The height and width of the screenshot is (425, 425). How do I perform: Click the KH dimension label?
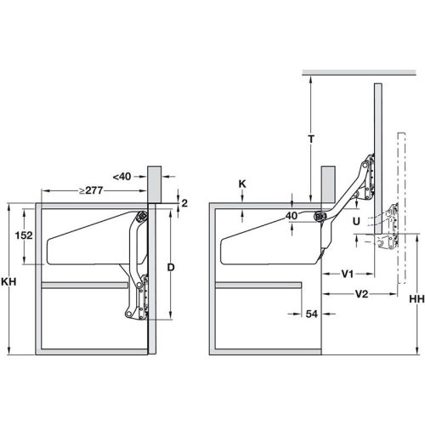(x=8, y=281)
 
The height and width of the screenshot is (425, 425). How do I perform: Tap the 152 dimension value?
(x=24, y=235)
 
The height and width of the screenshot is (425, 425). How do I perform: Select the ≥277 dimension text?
(x=91, y=190)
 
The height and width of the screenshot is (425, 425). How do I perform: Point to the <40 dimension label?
(x=122, y=177)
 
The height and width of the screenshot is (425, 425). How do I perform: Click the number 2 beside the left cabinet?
(x=184, y=203)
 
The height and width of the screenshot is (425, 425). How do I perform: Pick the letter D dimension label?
(x=171, y=267)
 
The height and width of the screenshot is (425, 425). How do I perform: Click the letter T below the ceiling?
(x=311, y=139)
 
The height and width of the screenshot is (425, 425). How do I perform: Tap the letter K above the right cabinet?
(x=242, y=184)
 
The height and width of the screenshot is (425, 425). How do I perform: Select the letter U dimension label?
(x=356, y=221)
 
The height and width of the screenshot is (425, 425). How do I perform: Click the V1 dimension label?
(x=348, y=274)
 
